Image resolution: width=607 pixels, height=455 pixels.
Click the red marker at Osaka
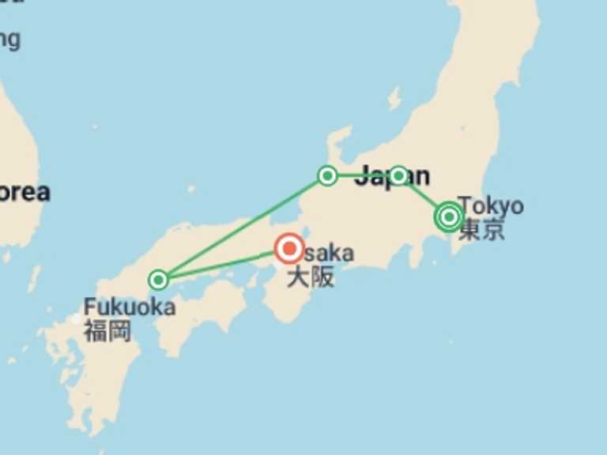[x=289, y=249]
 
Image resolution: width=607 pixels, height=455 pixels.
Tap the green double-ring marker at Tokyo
[x=449, y=216]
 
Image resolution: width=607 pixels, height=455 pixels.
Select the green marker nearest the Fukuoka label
[x=159, y=280]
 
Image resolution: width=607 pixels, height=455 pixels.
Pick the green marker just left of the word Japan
[x=327, y=175]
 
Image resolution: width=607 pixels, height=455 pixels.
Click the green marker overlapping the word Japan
[x=398, y=175]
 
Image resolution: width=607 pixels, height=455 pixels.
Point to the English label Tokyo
[x=491, y=205]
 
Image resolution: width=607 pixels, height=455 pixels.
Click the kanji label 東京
[x=481, y=229]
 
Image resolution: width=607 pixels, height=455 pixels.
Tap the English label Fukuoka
[x=130, y=306]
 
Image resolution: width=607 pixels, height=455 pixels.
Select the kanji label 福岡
[x=107, y=330]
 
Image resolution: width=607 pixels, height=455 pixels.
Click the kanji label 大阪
[x=310, y=276]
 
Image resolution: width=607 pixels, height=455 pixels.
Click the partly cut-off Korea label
[x=24, y=192]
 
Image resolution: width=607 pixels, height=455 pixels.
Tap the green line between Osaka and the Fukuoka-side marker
[x=221, y=267]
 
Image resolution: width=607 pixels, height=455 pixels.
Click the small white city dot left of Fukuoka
[x=77, y=319]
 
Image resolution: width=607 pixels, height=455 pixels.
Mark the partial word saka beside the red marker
[x=329, y=253]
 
